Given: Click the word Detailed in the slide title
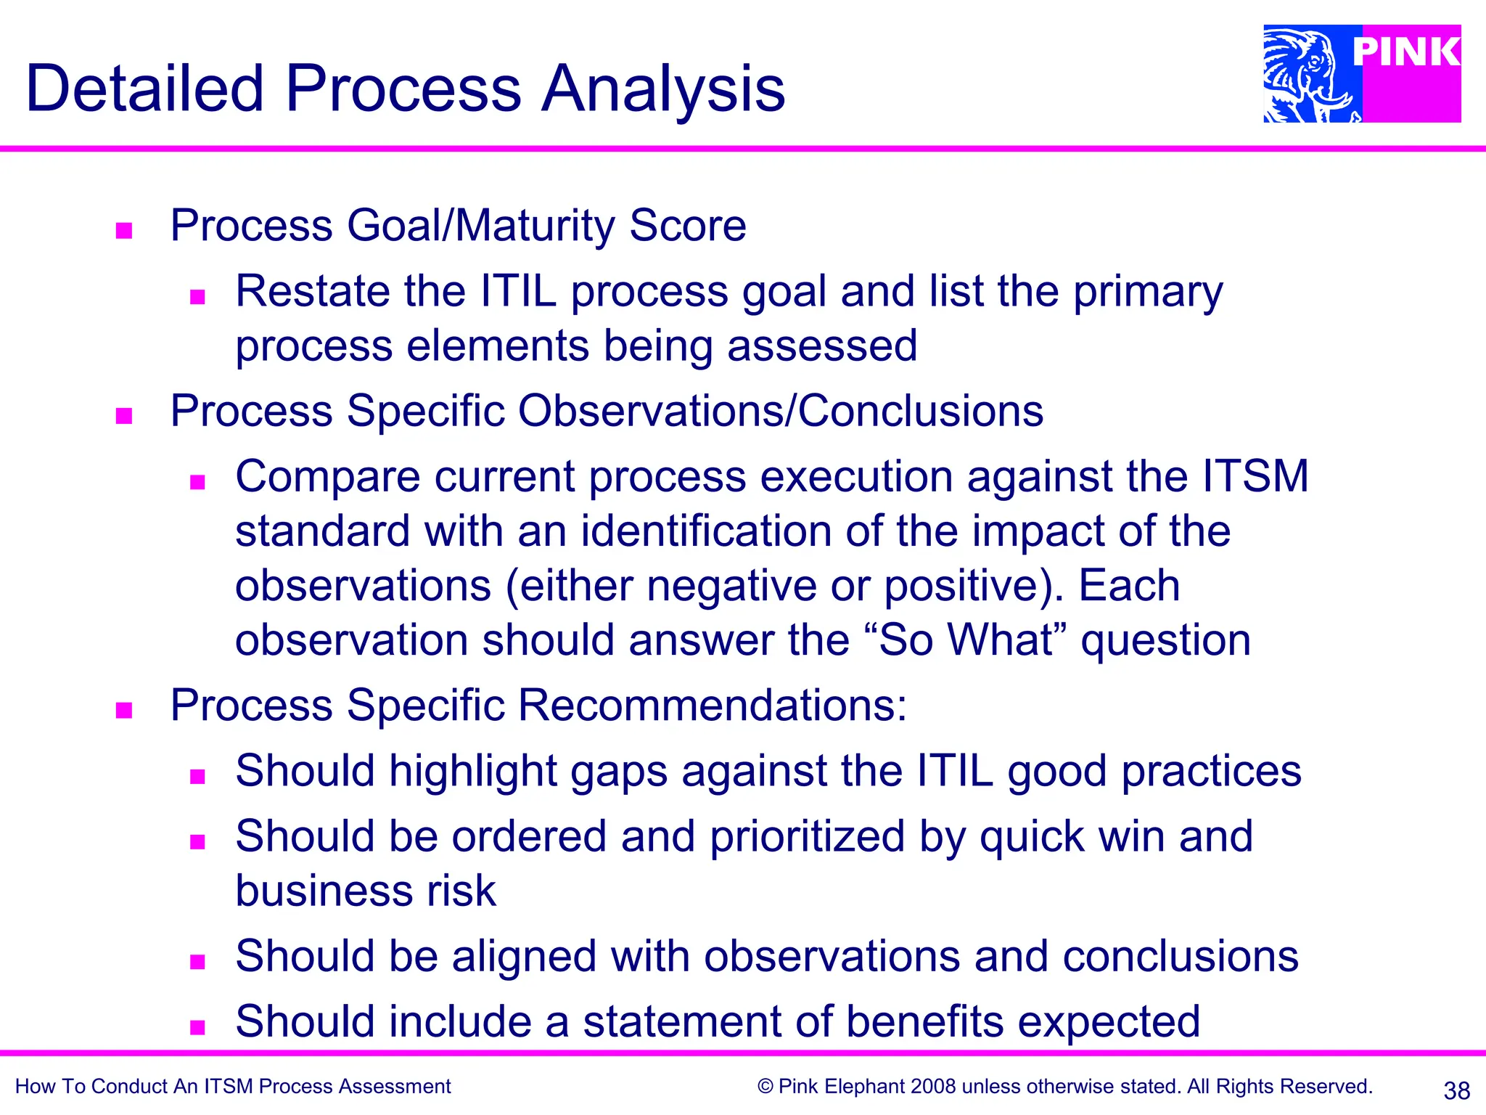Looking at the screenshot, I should [x=144, y=89].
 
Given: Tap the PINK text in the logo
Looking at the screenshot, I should [x=1406, y=52].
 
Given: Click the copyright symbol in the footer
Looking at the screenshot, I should [x=765, y=1087].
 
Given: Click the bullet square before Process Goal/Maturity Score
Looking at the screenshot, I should [x=124, y=231].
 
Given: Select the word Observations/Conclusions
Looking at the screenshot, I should [x=780, y=411].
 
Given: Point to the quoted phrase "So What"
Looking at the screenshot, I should [x=966, y=640].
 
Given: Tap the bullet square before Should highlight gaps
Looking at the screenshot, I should [x=197, y=777].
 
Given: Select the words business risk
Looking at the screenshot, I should [x=366, y=891].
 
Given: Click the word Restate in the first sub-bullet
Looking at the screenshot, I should [x=313, y=292].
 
